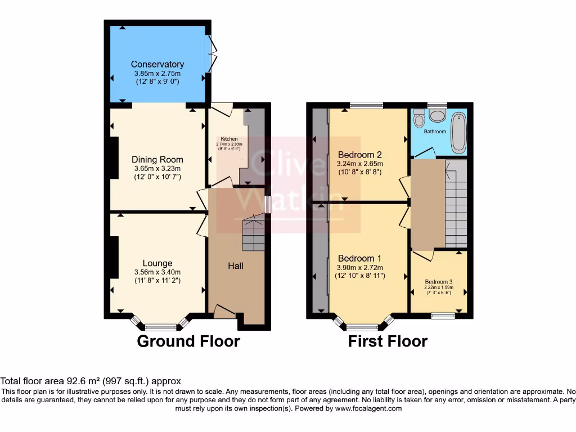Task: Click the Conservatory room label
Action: click(x=157, y=65)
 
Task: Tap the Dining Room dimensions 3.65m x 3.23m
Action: click(x=157, y=168)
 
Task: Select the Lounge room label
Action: click(x=157, y=263)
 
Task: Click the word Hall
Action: click(x=235, y=265)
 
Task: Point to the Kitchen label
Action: click(x=229, y=139)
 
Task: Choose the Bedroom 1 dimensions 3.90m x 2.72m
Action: click(x=360, y=268)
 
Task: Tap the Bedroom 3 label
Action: click(x=439, y=282)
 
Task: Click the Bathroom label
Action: click(x=435, y=132)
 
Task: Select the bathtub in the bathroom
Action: click(x=459, y=133)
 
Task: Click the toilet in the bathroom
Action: click(x=418, y=119)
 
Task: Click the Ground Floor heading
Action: click(x=188, y=341)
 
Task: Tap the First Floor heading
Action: click(x=388, y=341)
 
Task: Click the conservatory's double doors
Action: click(x=212, y=53)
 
